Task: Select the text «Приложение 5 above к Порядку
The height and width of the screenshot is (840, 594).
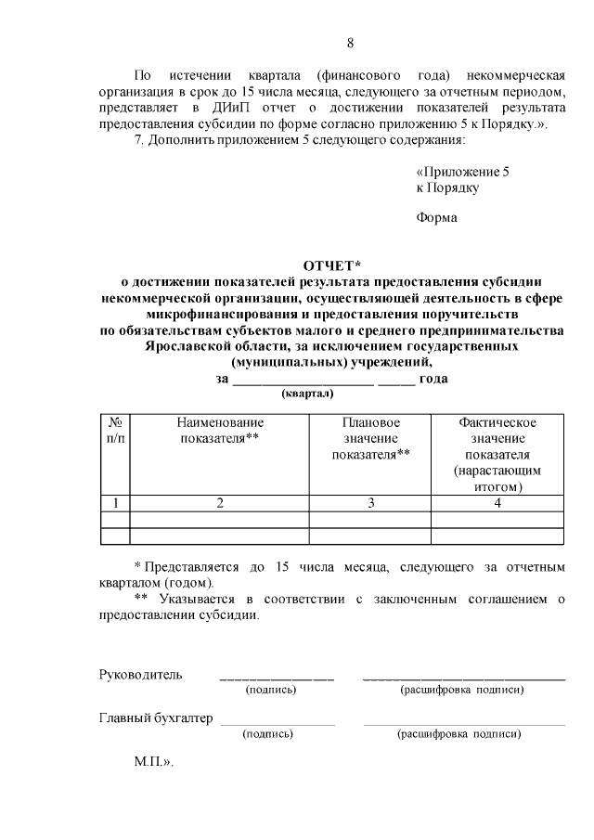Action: (x=462, y=172)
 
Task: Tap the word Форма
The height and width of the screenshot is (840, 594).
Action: (x=437, y=219)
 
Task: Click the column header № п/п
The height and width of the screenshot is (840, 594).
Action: (x=114, y=430)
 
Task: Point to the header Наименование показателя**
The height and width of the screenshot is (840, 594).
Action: (x=219, y=430)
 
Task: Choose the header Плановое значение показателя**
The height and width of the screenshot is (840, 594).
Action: (x=370, y=438)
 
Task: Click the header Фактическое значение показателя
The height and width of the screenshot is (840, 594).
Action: (x=497, y=438)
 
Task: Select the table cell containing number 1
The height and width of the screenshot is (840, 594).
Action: (x=114, y=503)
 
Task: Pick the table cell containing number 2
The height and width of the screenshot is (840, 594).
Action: (x=219, y=503)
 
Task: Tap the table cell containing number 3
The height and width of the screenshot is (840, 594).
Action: (x=370, y=503)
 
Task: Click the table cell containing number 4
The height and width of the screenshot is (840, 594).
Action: (x=497, y=503)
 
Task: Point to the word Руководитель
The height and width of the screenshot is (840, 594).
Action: (x=141, y=674)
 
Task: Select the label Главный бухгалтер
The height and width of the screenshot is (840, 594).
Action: (x=156, y=718)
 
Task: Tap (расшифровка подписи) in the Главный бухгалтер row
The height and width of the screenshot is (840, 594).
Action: (x=458, y=734)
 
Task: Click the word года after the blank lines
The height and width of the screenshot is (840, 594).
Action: (x=433, y=378)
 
